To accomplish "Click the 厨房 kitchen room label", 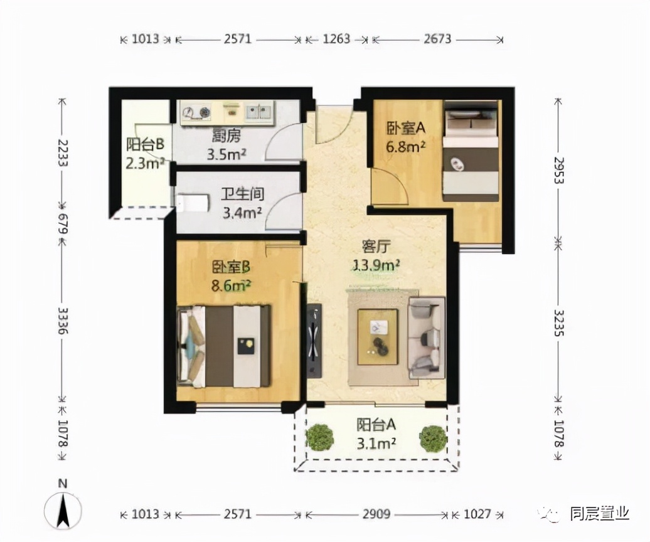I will (x=226, y=135).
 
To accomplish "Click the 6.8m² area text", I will (x=405, y=146).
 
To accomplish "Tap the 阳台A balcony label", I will (x=376, y=425).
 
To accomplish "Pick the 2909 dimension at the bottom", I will (x=376, y=514).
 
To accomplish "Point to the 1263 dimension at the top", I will (x=338, y=39).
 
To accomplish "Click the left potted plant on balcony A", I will (x=321, y=437).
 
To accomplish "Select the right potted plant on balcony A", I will (x=434, y=438).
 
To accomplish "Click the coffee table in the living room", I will (x=378, y=336).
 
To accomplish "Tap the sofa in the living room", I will (x=427, y=337).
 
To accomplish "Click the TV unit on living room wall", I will (x=314, y=340).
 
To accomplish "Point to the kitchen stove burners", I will (x=196, y=113).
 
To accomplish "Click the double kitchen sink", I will (x=258, y=112).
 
